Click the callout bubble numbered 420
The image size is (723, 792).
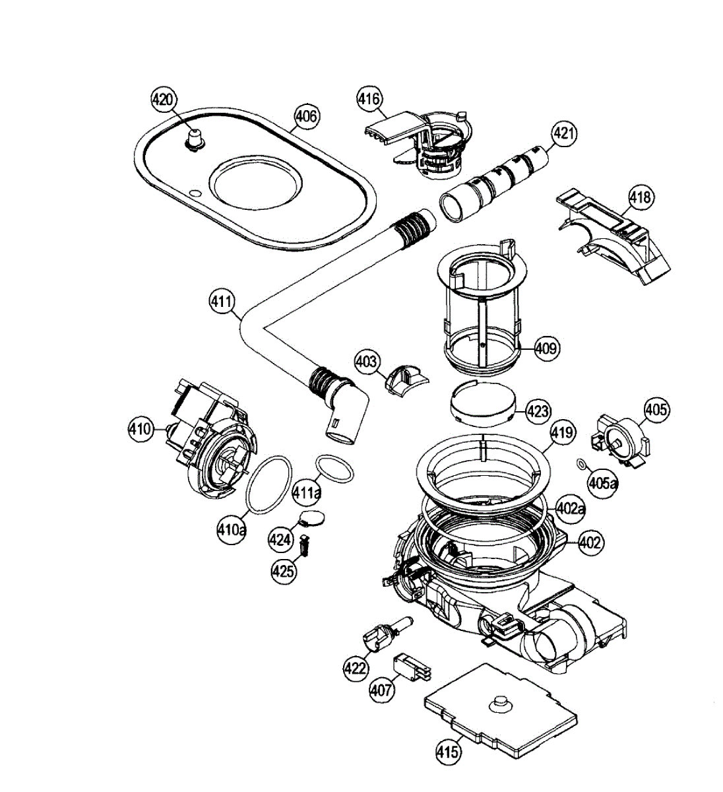pyautogui.click(x=162, y=100)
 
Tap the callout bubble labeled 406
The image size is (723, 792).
pyautogui.click(x=305, y=117)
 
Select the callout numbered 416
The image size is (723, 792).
pyautogui.click(x=369, y=99)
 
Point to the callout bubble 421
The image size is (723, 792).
pyautogui.click(x=564, y=135)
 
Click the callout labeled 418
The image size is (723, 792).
pyautogui.click(x=640, y=197)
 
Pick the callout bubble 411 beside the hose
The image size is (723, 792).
pyautogui.click(x=222, y=302)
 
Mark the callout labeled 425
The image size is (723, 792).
pyautogui.click(x=284, y=571)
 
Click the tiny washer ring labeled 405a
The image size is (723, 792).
pyautogui.click(x=581, y=465)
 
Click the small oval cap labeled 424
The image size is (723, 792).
pyautogui.click(x=313, y=517)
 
